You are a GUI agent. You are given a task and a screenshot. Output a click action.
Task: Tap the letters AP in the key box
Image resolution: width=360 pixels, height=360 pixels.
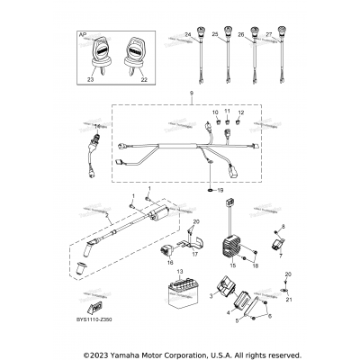coord(82,40)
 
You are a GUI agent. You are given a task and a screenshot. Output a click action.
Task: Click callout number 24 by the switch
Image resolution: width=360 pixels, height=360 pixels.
coord(189,35)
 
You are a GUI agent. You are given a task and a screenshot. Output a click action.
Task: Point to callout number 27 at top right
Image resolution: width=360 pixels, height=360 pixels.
coord(269,35)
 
